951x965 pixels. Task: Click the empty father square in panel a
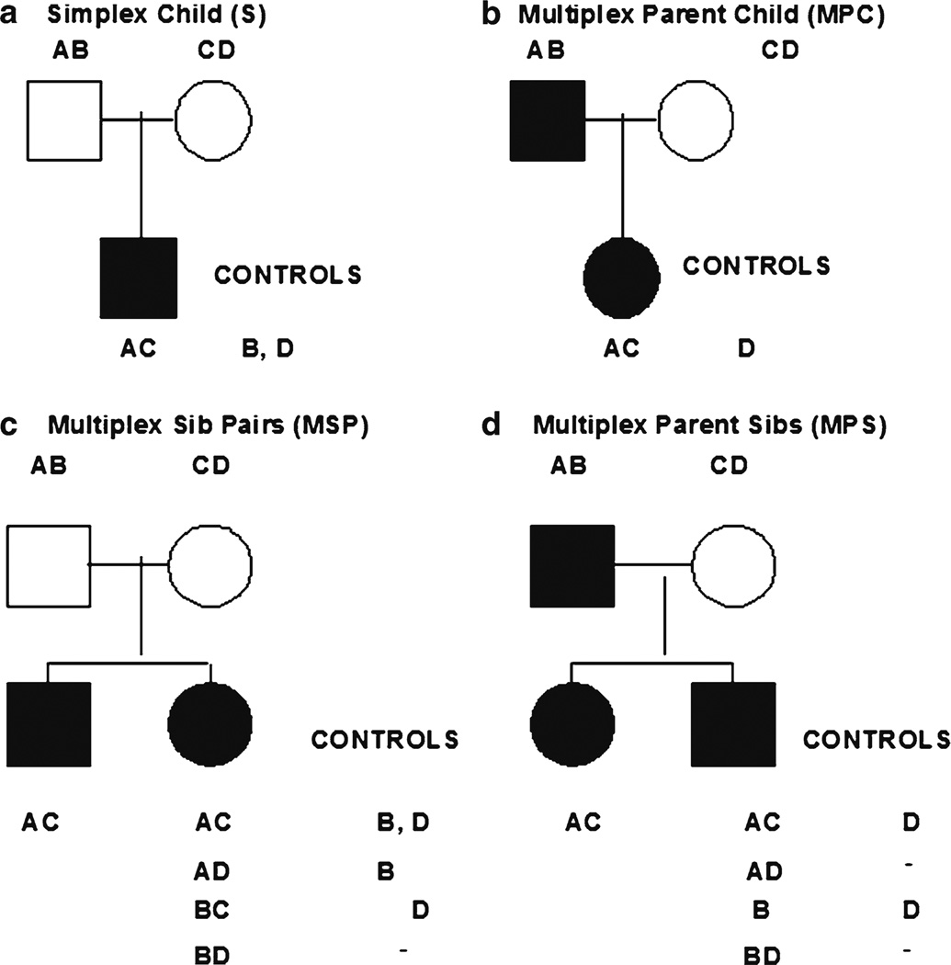(62, 119)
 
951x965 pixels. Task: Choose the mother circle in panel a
(213, 119)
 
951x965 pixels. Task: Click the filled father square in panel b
(548, 119)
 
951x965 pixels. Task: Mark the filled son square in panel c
(49, 724)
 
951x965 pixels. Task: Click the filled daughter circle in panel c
(210, 724)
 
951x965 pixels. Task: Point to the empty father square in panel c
(49, 564)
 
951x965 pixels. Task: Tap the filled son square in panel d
(732, 724)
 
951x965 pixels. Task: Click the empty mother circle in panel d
(732, 564)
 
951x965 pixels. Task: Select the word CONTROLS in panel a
(287, 274)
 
